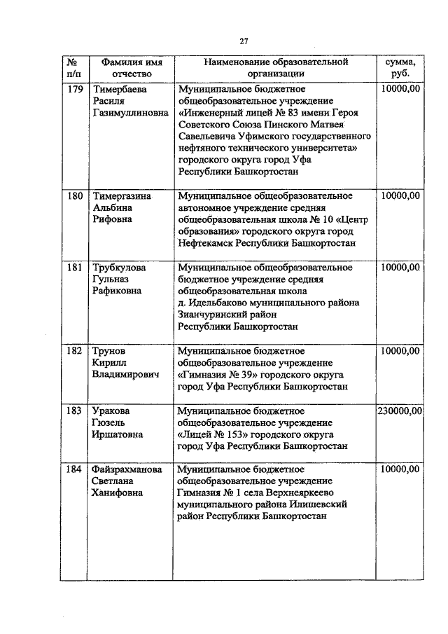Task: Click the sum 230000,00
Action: point(399,411)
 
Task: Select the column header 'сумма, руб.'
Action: point(398,68)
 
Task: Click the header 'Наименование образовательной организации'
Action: point(275,68)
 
